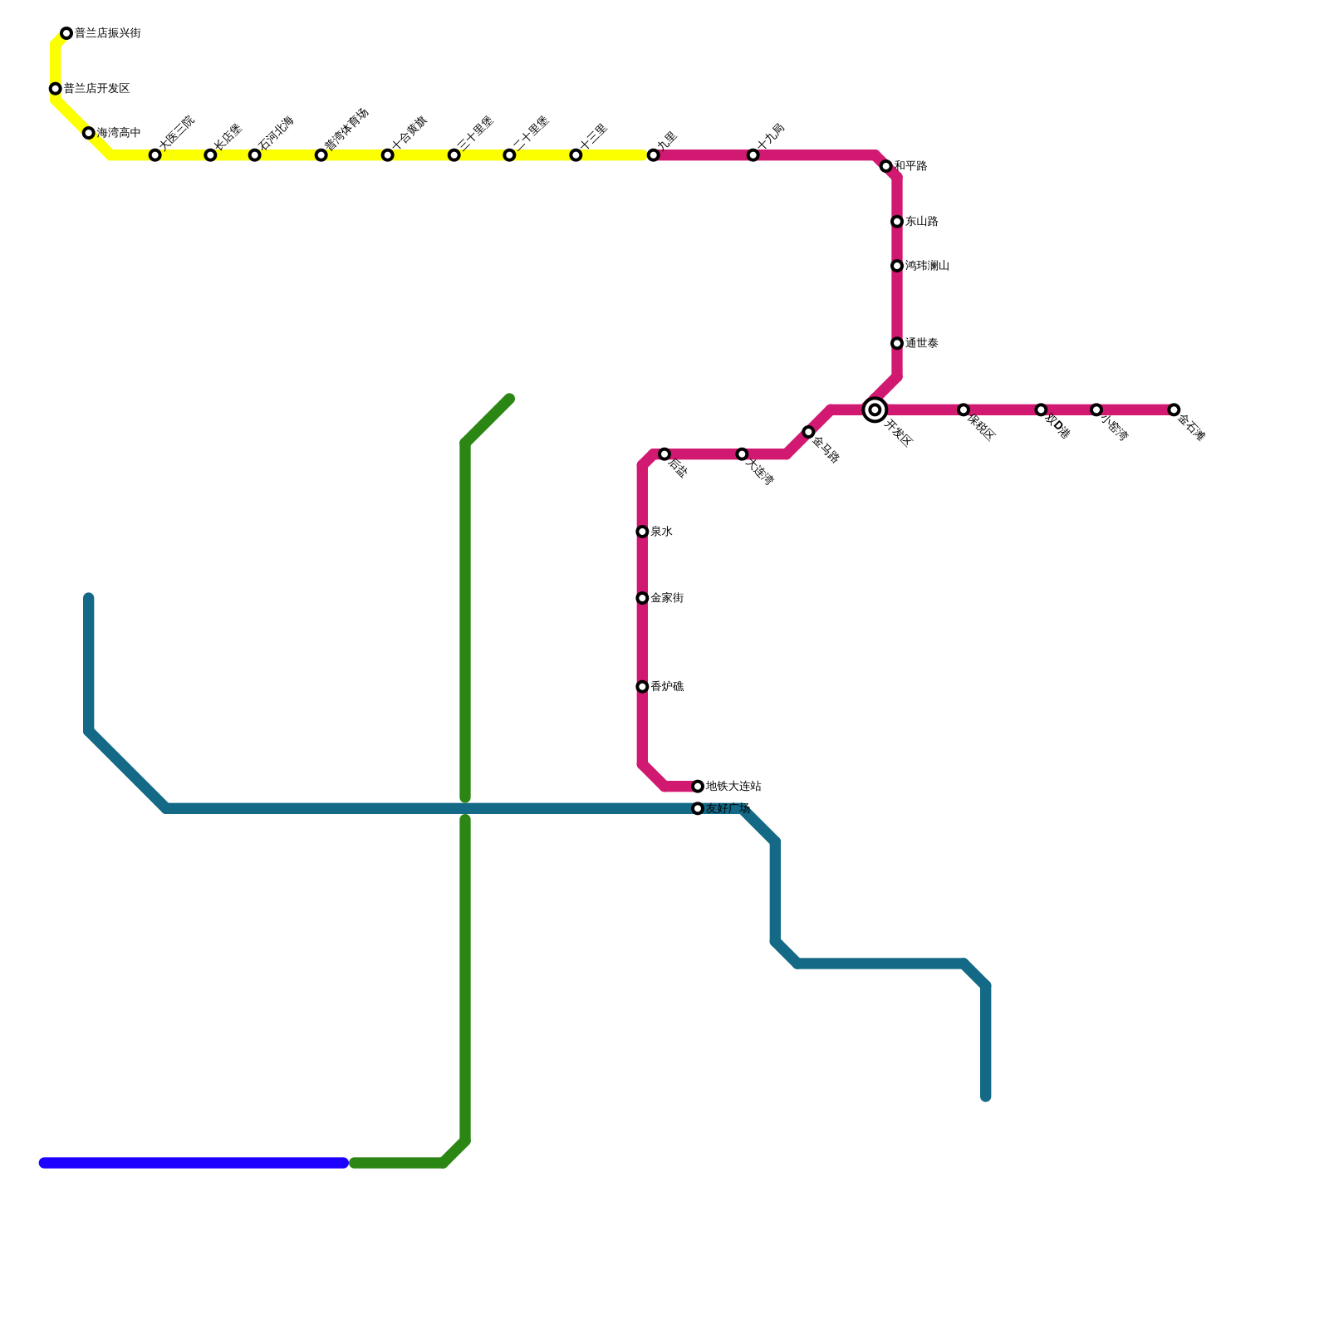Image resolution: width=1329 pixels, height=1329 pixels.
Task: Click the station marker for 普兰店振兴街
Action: click(66, 33)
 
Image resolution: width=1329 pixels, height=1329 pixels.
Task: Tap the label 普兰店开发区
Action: click(96, 89)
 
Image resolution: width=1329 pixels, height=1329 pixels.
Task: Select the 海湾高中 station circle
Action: click(89, 133)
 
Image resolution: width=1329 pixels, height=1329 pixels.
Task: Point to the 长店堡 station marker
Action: click(210, 155)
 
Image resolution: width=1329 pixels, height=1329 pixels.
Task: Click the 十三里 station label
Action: click(594, 137)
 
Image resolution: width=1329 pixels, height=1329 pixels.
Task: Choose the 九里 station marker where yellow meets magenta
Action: click(654, 155)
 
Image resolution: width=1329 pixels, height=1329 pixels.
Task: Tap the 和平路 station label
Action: click(910, 166)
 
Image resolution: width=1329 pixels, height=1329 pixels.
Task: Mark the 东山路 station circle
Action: click(897, 222)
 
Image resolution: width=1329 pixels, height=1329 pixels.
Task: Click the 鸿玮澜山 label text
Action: click(927, 266)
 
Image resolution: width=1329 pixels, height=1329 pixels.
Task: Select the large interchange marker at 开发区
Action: click(875, 409)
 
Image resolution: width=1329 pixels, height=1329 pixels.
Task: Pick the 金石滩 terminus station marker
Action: click(1174, 409)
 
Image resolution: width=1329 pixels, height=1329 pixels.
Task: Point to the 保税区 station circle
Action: click(964, 409)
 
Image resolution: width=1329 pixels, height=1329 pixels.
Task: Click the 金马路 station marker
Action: click(808, 432)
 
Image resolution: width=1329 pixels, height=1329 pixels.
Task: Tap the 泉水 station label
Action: click(661, 532)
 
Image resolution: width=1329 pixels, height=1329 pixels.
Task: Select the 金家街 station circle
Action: click(642, 598)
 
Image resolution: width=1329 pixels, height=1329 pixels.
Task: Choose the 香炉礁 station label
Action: click(667, 687)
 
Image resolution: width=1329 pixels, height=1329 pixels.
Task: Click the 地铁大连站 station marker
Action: click(698, 787)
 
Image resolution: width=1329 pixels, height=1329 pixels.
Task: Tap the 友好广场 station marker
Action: click(698, 808)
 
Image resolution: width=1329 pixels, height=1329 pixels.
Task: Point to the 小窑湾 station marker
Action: click(1096, 409)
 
